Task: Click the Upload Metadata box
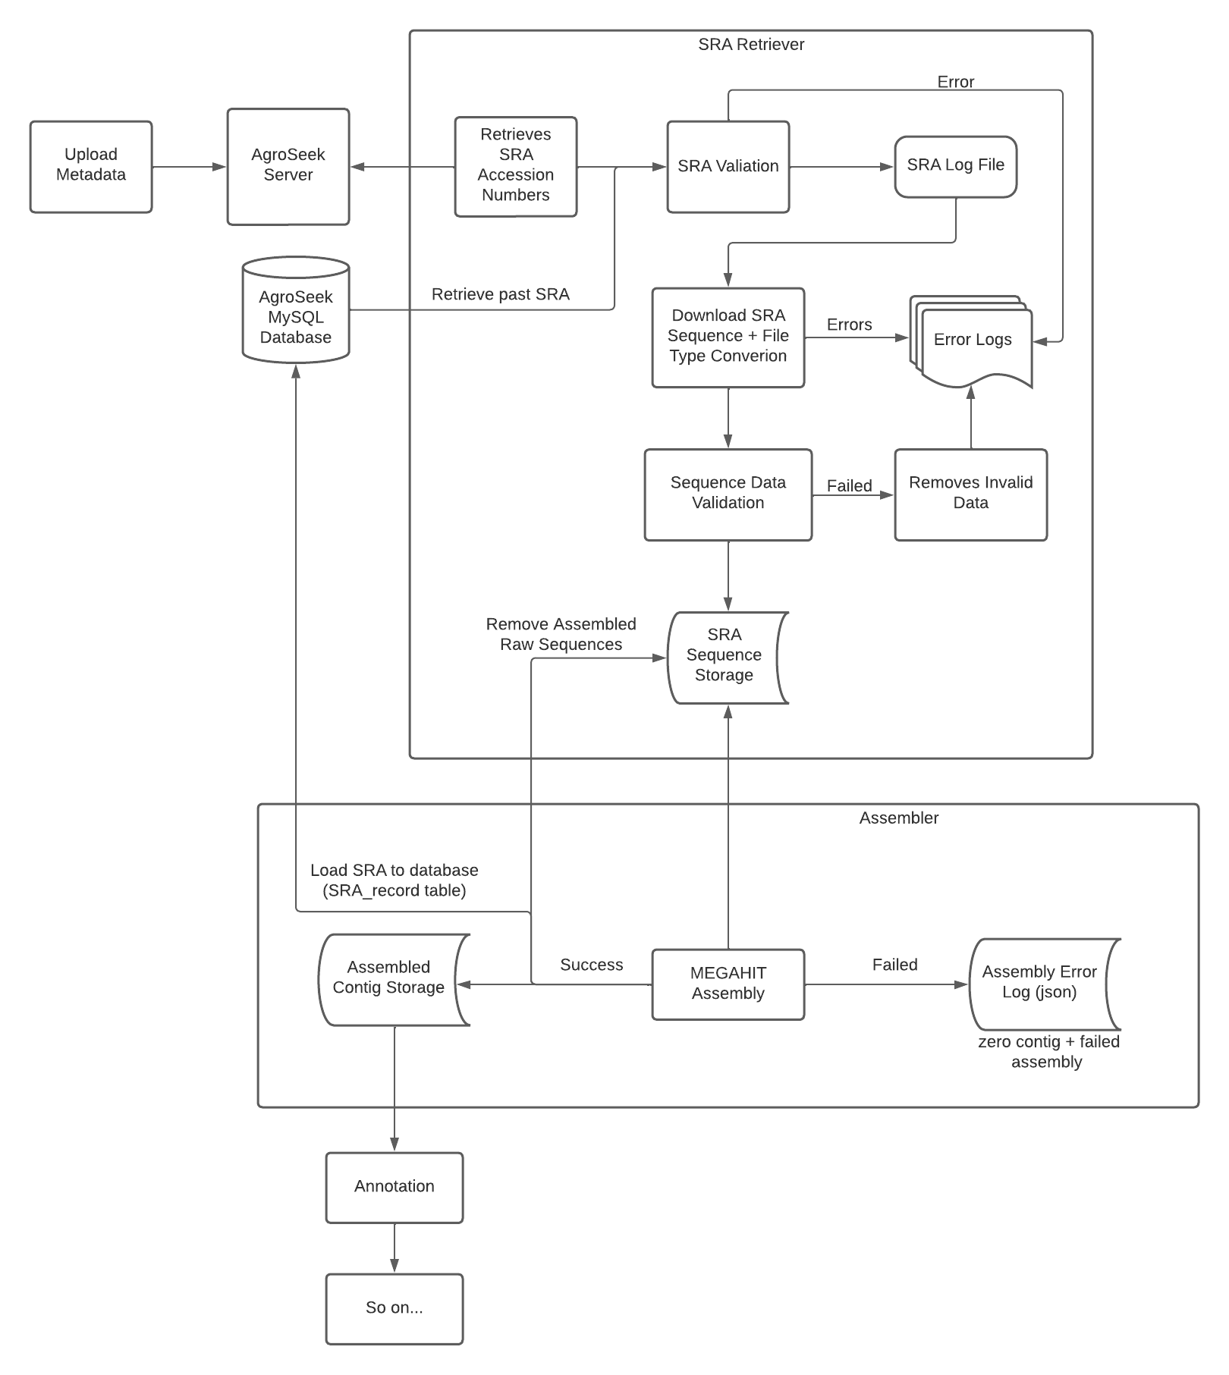[x=91, y=166]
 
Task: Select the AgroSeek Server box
[x=288, y=166]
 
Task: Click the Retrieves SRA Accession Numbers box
[x=516, y=166]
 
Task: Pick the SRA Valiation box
[x=728, y=166]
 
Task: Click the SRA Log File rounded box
[x=955, y=166]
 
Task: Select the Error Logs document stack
[x=971, y=341]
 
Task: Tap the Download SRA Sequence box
[x=728, y=337]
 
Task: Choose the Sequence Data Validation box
[x=728, y=494]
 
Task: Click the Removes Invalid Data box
[x=970, y=494]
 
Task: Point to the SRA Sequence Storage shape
[x=727, y=657]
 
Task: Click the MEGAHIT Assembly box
[x=728, y=984]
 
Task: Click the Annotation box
[x=394, y=1187]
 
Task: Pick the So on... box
[x=394, y=1308]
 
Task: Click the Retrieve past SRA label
[x=501, y=294]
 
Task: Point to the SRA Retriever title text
[x=751, y=45]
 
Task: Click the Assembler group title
[x=899, y=818]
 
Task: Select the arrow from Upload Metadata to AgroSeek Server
[x=190, y=167]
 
